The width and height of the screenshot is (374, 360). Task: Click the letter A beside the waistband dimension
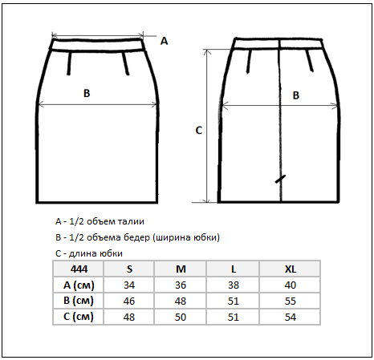tap(164, 41)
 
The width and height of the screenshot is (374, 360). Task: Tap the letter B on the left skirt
tap(87, 93)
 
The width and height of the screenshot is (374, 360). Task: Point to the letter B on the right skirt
tap(296, 95)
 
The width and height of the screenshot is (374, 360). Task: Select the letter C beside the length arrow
tap(199, 131)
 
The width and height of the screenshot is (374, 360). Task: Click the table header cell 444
tap(79, 269)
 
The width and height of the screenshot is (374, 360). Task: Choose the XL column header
tap(291, 269)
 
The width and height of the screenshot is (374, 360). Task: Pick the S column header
tap(129, 269)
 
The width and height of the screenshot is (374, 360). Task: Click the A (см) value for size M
tap(181, 285)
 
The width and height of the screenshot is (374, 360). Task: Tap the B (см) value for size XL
tap(291, 301)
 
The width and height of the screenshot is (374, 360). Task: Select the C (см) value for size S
tap(129, 318)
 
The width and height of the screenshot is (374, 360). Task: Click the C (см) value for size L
tap(234, 318)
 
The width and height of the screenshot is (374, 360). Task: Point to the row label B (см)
tap(79, 301)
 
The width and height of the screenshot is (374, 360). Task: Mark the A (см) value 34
tap(129, 285)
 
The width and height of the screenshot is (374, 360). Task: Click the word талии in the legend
tap(131, 221)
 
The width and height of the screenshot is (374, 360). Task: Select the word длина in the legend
tap(83, 253)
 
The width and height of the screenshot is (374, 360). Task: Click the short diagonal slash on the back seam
tap(280, 179)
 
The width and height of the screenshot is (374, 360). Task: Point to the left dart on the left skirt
tap(69, 63)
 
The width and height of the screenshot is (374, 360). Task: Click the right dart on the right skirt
tap(310, 61)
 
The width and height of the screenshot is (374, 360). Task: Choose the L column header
tap(234, 269)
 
